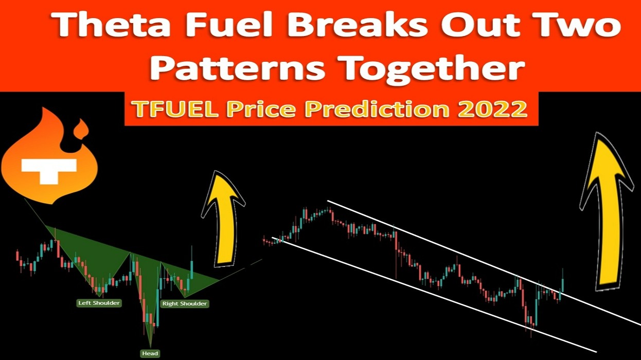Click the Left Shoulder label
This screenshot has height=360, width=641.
tap(99, 303)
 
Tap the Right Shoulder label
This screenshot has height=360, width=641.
tap(185, 303)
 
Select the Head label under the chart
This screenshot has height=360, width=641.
tap(150, 353)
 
